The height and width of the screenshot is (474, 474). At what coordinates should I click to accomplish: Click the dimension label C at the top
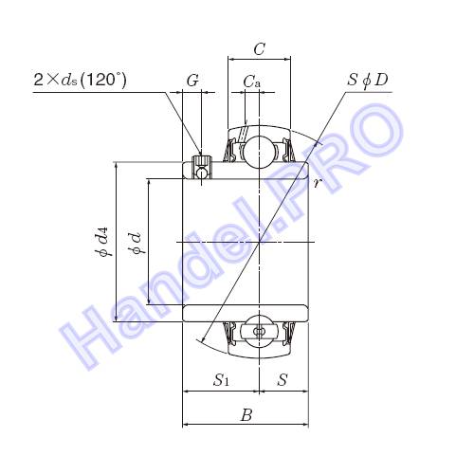pyautogui.click(x=259, y=49)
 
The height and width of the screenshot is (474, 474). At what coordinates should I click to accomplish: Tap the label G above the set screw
pyautogui.click(x=192, y=81)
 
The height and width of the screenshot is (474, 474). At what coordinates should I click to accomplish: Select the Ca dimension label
pyautogui.click(x=252, y=82)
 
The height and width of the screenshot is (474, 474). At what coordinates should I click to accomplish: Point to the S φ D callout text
pyautogui.click(x=368, y=81)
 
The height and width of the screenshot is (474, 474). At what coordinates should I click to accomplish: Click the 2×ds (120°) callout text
pyautogui.click(x=80, y=80)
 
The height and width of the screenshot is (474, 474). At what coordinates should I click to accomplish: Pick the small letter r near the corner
pyautogui.click(x=318, y=182)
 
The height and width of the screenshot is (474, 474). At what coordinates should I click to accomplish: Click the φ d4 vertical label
pyautogui.click(x=103, y=242)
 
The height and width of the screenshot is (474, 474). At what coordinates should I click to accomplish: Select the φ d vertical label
pyautogui.click(x=137, y=243)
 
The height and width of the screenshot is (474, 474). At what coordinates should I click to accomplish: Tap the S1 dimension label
pyautogui.click(x=221, y=379)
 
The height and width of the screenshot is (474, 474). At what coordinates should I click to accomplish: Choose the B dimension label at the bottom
pyautogui.click(x=246, y=415)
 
